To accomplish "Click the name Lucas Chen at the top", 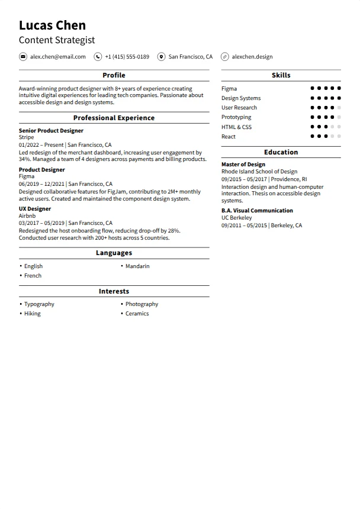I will pos(52,25).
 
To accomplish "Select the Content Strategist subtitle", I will pos(56,40).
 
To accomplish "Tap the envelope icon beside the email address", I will pos(23,57).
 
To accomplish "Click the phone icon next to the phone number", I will pos(98,57).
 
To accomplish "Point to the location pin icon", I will pos(161,57).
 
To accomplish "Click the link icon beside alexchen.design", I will pos(224,57).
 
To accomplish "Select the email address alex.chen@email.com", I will pos(58,57).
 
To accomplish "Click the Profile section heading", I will pos(114,75).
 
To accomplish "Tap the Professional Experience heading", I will pos(114,118).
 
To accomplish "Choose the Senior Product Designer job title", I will pos(51,131).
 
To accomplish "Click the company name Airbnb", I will pos(27,216).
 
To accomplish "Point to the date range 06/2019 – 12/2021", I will pos(41,184).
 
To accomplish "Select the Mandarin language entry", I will pos(137,266).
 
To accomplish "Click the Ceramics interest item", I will pos(137,314).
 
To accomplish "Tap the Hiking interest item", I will pos(33,314).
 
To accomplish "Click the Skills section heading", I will pos(281,75).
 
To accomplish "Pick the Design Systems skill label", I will pos(241,98).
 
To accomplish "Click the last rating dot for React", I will pos(339,136).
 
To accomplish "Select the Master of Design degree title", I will pos(243,165).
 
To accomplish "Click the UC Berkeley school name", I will pos(237,218).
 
